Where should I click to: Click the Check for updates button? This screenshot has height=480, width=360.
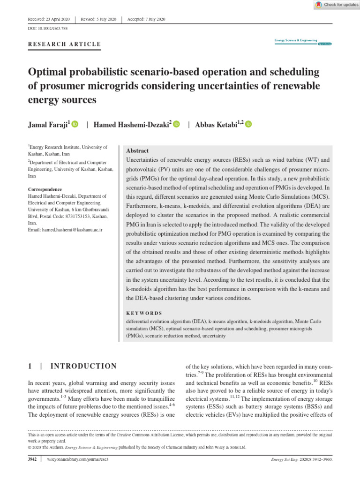tap(336, 5)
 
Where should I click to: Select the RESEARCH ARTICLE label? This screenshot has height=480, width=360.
tap(65, 45)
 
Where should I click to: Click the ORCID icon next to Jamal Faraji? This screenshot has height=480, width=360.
tap(75, 125)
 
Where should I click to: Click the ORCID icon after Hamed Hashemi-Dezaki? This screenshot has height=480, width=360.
tap(176, 125)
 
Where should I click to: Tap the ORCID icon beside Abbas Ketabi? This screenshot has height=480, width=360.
tap(248, 125)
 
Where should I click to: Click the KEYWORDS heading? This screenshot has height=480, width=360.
tap(144, 313)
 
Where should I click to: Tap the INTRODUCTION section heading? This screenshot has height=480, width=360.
tap(83, 366)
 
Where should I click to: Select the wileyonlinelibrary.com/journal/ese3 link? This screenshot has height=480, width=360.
tap(78, 460)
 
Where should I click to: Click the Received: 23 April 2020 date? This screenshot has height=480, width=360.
tap(49, 19)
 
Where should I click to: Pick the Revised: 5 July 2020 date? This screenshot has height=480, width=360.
tap(98, 19)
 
